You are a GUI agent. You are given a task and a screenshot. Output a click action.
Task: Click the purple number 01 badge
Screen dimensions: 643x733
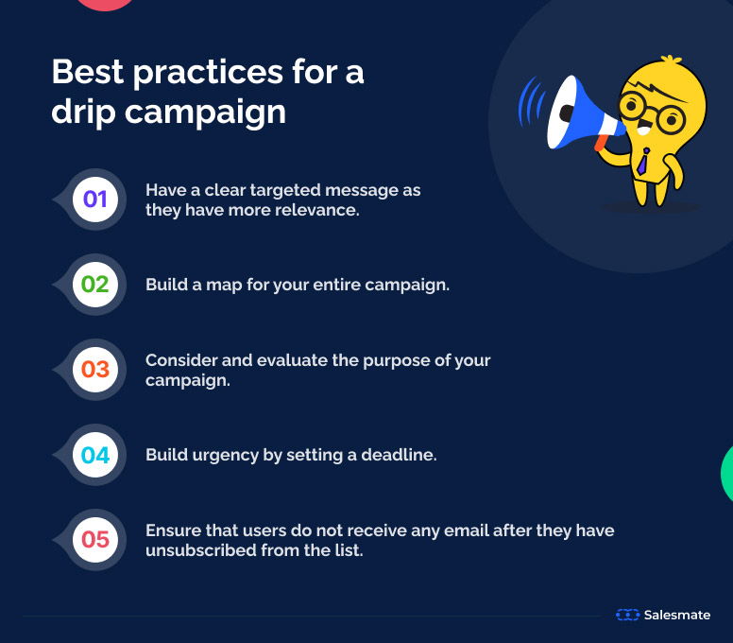(95, 200)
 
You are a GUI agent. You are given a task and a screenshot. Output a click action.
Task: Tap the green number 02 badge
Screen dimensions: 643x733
(95, 285)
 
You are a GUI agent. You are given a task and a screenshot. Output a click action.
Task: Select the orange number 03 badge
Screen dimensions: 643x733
(95, 370)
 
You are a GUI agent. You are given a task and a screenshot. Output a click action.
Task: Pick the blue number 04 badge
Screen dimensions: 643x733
(95, 455)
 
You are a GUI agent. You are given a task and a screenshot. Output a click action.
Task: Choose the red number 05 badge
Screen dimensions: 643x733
(95, 540)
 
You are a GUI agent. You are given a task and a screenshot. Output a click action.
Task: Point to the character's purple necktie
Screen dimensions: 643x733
(642, 160)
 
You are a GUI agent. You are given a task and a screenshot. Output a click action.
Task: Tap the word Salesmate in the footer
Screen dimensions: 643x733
(676, 615)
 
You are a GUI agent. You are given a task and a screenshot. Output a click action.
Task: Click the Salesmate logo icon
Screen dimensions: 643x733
(627, 615)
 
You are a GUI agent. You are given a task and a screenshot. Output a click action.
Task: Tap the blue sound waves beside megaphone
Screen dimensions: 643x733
(531, 103)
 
